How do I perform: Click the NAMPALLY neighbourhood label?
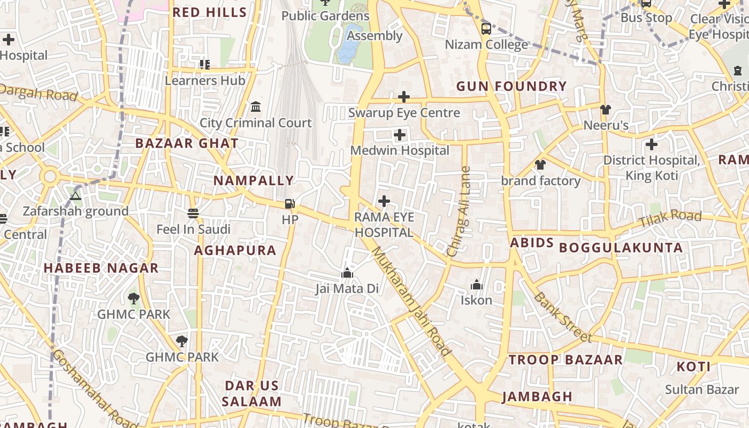(254, 180)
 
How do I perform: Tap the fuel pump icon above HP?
(289, 203)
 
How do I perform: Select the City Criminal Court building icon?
(256, 106)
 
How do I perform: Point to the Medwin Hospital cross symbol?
(400, 135)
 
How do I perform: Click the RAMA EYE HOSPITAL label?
(384, 225)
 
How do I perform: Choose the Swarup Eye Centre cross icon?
(404, 97)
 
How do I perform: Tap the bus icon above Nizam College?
(486, 28)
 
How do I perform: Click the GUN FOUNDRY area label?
(511, 86)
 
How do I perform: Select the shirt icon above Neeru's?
(605, 110)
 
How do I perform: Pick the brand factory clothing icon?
(540, 165)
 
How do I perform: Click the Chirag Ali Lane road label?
(459, 212)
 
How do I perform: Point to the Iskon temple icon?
(476, 285)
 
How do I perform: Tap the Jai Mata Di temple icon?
(347, 273)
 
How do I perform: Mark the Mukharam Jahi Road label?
(411, 301)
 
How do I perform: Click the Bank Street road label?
(563, 317)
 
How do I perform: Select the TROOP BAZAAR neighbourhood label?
(565, 360)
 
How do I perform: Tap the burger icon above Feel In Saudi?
(193, 213)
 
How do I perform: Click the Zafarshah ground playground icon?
(75, 196)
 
